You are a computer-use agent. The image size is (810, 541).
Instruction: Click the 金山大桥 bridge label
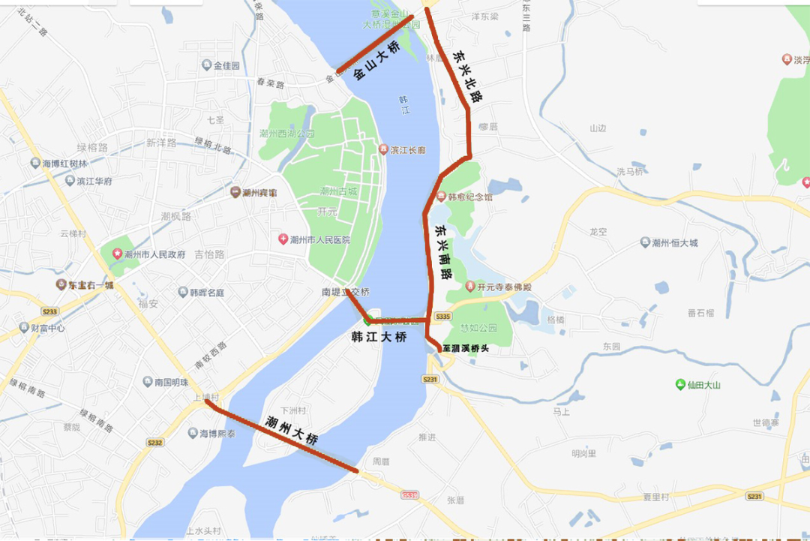pyautogui.click(x=376, y=61)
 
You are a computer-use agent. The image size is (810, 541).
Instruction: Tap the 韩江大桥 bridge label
pyautogui.click(x=379, y=338)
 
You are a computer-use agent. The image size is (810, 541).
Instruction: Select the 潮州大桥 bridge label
pyautogui.click(x=292, y=431)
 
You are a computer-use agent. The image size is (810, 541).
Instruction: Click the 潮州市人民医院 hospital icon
pyautogui.click(x=283, y=239)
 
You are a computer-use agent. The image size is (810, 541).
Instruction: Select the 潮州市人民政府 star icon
pyautogui.click(x=117, y=254)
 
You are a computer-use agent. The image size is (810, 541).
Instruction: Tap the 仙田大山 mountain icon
pyautogui.click(x=679, y=385)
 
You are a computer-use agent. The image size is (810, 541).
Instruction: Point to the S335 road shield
pyautogui.click(x=443, y=317)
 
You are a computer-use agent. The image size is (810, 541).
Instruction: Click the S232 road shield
pyautogui.click(x=154, y=443)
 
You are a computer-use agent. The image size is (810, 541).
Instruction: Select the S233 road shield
pyautogui.click(x=49, y=311)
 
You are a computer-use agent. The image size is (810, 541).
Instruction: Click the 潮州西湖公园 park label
pyautogui.click(x=286, y=134)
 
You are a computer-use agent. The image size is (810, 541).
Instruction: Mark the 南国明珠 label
pyautogui.click(x=171, y=382)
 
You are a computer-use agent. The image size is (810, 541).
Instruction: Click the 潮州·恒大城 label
pyautogui.click(x=674, y=242)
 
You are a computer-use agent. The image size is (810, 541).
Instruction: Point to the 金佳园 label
pyautogui.click(x=225, y=66)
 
